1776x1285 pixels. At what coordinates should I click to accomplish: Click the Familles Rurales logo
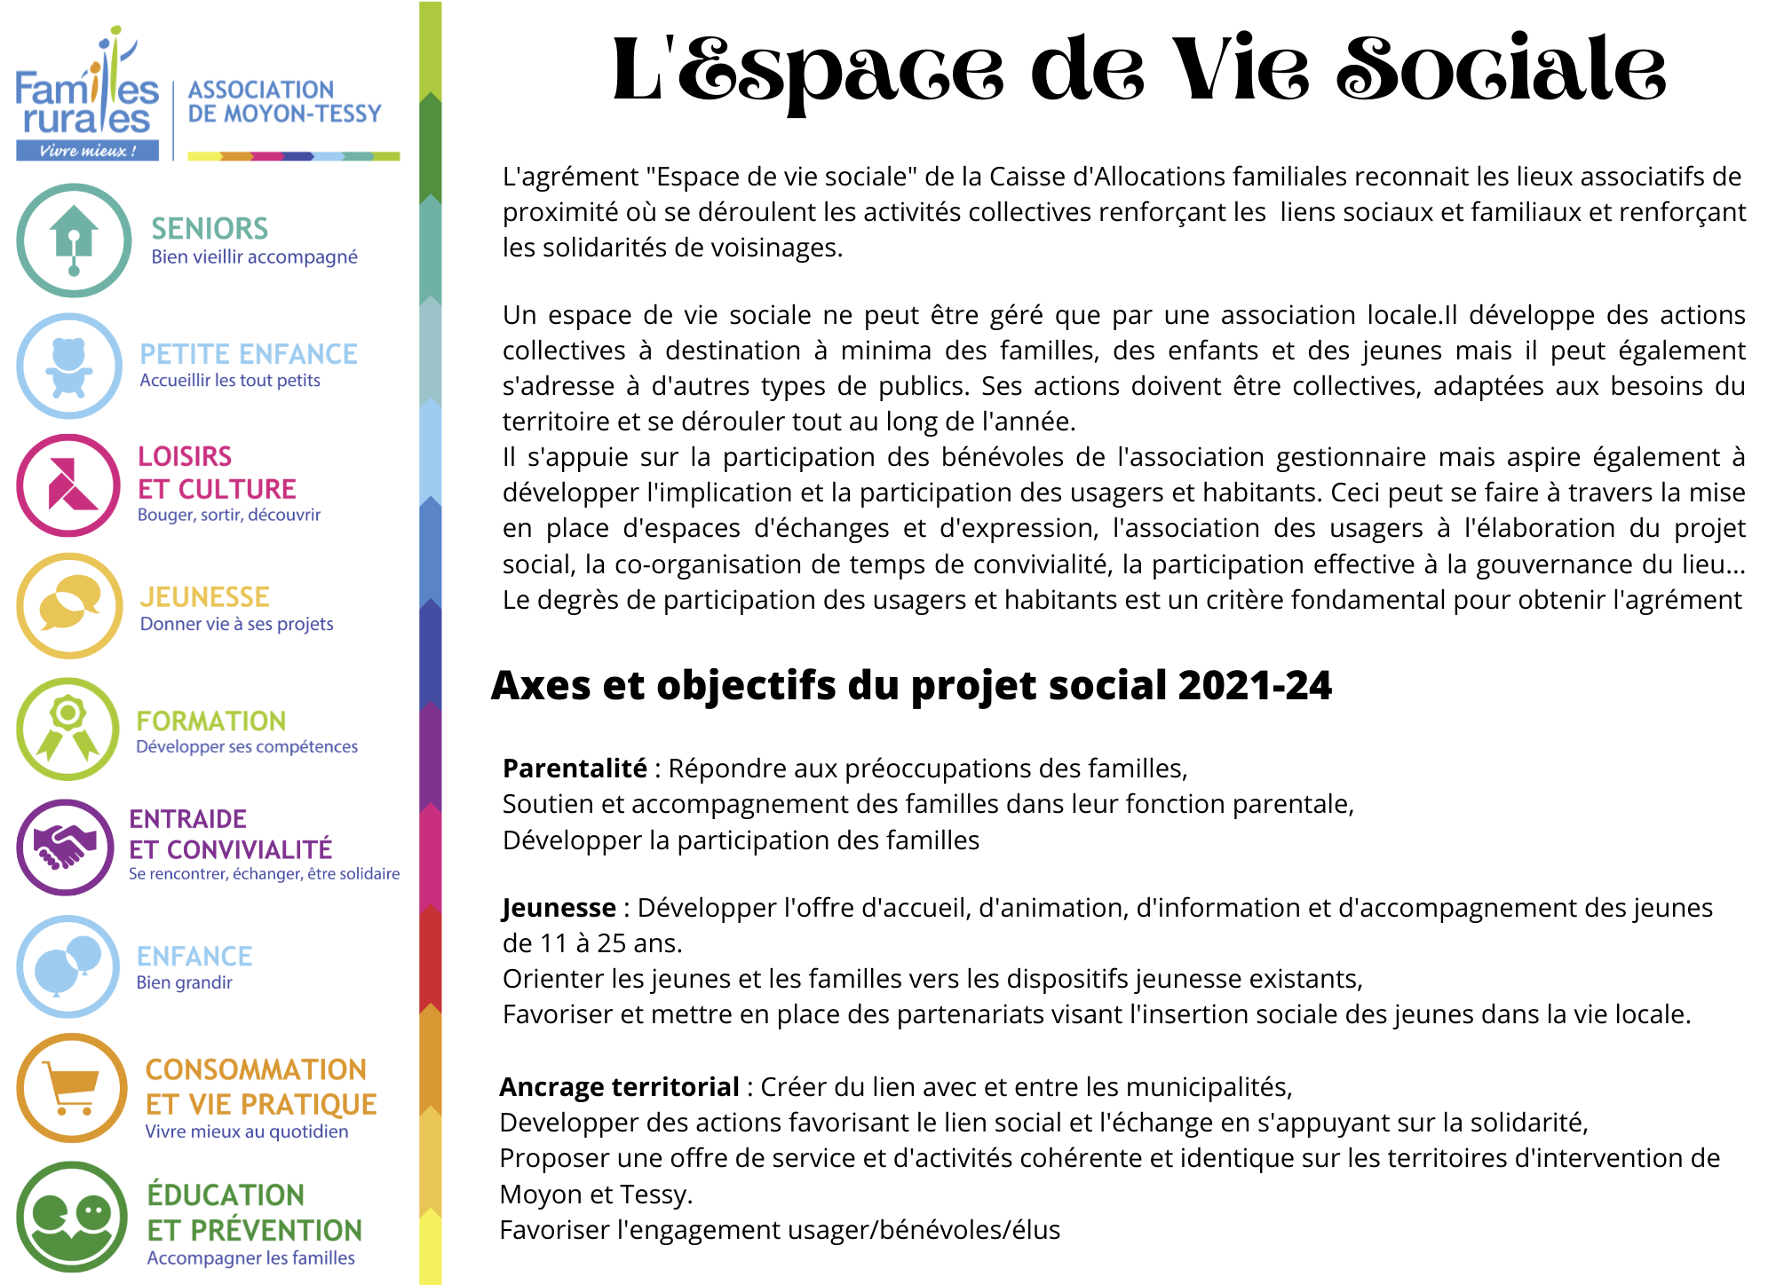pyautogui.click(x=87, y=98)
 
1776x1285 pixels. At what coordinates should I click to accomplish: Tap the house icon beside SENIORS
pyautogui.click(x=74, y=240)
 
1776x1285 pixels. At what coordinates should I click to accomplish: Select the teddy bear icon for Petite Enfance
pyautogui.click(x=69, y=366)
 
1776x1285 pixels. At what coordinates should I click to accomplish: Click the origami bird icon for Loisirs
pyautogui.click(x=69, y=485)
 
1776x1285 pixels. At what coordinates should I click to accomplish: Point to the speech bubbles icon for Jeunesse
pyautogui.click(x=69, y=605)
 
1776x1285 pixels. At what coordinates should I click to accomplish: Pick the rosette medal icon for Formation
pyautogui.click(x=68, y=729)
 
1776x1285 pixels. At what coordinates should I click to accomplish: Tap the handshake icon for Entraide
pyautogui.click(x=65, y=847)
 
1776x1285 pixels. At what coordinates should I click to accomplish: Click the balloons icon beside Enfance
pyautogui.click(x=68, y=966)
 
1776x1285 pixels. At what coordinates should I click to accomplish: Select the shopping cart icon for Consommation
pyautogui.click(x=72, y=1088)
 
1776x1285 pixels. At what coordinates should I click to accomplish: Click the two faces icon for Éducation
pyautogui.click(x=72, y=1217)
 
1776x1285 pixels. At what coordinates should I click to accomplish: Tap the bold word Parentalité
pyautogui.click(x=575, y=769)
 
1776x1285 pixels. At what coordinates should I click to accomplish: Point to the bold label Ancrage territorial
pyautogui.click(x=619, y=1087)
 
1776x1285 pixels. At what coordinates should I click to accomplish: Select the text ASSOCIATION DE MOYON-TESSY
pyautogui.click(x=284, y=102)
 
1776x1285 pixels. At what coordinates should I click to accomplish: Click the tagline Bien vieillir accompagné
pyautogui.click(x=254, y=257)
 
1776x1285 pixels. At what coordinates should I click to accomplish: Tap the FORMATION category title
pyautogui.click(x=211, y=721)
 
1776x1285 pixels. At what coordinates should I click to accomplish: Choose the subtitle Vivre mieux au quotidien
pyautogui.click(x=247, y=1131)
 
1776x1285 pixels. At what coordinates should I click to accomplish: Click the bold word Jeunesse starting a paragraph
pyautogui.click(x=559, y=908)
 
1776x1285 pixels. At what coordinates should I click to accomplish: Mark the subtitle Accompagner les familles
pyautogui.click(x=250, y=1257)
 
